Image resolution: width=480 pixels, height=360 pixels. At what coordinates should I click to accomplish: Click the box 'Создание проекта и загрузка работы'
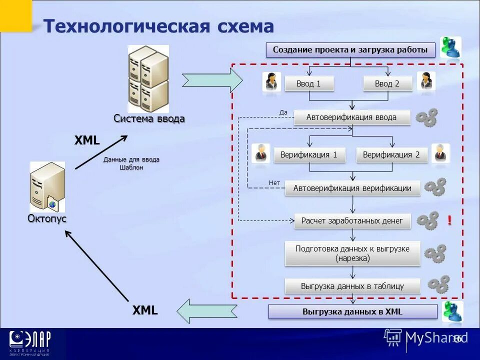[x=350, y=50]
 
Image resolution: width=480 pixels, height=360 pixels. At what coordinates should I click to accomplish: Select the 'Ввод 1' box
[x=308, y=83]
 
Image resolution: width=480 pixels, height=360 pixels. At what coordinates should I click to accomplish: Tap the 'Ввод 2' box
[x=387, y=83]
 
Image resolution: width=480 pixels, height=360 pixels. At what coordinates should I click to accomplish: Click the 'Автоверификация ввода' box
[x=351, y=117]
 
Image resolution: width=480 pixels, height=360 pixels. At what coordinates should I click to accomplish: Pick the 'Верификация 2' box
[x=391, y=155]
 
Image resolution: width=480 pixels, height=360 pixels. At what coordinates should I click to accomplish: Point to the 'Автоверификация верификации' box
[x=352, y=188]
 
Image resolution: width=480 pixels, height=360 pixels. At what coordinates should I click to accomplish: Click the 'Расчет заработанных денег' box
[x=352, y=220]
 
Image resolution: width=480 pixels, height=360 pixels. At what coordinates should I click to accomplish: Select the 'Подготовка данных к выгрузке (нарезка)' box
[x=352, y=253]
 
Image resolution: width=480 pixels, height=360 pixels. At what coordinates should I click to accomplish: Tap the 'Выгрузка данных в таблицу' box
[x=352, y=286]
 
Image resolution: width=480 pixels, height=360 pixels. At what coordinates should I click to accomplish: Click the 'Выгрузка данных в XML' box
[x=352, y=312]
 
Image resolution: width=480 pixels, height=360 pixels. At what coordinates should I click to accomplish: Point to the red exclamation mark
[x=449, y=220]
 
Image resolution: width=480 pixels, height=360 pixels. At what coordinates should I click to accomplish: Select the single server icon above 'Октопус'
[x=47, y=186]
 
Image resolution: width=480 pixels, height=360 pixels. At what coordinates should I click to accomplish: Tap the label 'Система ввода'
[x=149, y=119]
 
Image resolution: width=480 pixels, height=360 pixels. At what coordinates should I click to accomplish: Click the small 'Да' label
[x=283, y=112]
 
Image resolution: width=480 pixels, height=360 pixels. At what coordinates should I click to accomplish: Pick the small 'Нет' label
[x=274, y=183]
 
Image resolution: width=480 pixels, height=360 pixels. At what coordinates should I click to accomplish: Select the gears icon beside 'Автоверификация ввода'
[x=427, y=117]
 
